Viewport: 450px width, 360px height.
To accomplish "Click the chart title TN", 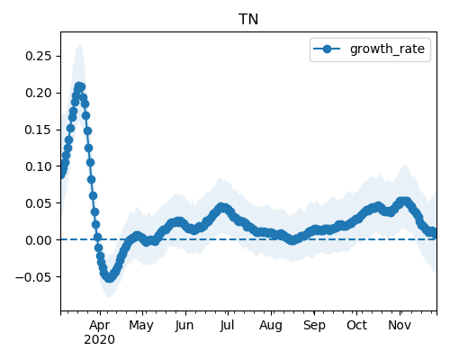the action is click(x=248, y=20).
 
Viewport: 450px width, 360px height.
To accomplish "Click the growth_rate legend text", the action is click(x=387, y=49).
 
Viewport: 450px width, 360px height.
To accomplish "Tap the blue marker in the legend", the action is click(x=327, y=49).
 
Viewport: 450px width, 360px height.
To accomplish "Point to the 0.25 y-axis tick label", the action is click(x=38, y=56).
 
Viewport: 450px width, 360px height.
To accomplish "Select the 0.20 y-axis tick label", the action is click(x=38, y=93).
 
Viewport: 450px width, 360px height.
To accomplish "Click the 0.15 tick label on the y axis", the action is click(x=38, y=130).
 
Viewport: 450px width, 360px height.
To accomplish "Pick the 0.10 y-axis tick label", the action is click(x=38, y=166).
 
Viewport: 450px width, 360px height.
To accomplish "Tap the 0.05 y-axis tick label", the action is click(x=38, y=203).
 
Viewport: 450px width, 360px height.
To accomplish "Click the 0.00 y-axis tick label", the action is click(x=38, y=240).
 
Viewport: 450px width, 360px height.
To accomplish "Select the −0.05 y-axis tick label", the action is click(x=33, y=277).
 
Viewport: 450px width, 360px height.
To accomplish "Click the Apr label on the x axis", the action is click(x=100, y=326).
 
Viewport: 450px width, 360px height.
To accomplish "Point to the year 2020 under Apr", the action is click(x=99, y=340).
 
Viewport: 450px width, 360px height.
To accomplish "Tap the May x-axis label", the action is click(x=141, y=326).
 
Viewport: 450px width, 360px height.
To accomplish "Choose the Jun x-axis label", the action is click(x=184, y=326).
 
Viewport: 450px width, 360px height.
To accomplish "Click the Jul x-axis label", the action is click(x=227, y=326).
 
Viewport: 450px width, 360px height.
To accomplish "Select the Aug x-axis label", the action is click(x=271, y=326).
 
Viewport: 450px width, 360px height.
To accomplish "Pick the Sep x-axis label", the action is click(x=314, y=326).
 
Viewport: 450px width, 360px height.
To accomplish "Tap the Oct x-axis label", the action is click(x=356, y=326).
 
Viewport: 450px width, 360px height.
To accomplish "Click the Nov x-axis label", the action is click(x=400, y=326).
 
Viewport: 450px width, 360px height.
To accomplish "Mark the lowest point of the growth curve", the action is click(x=109, y=278).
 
